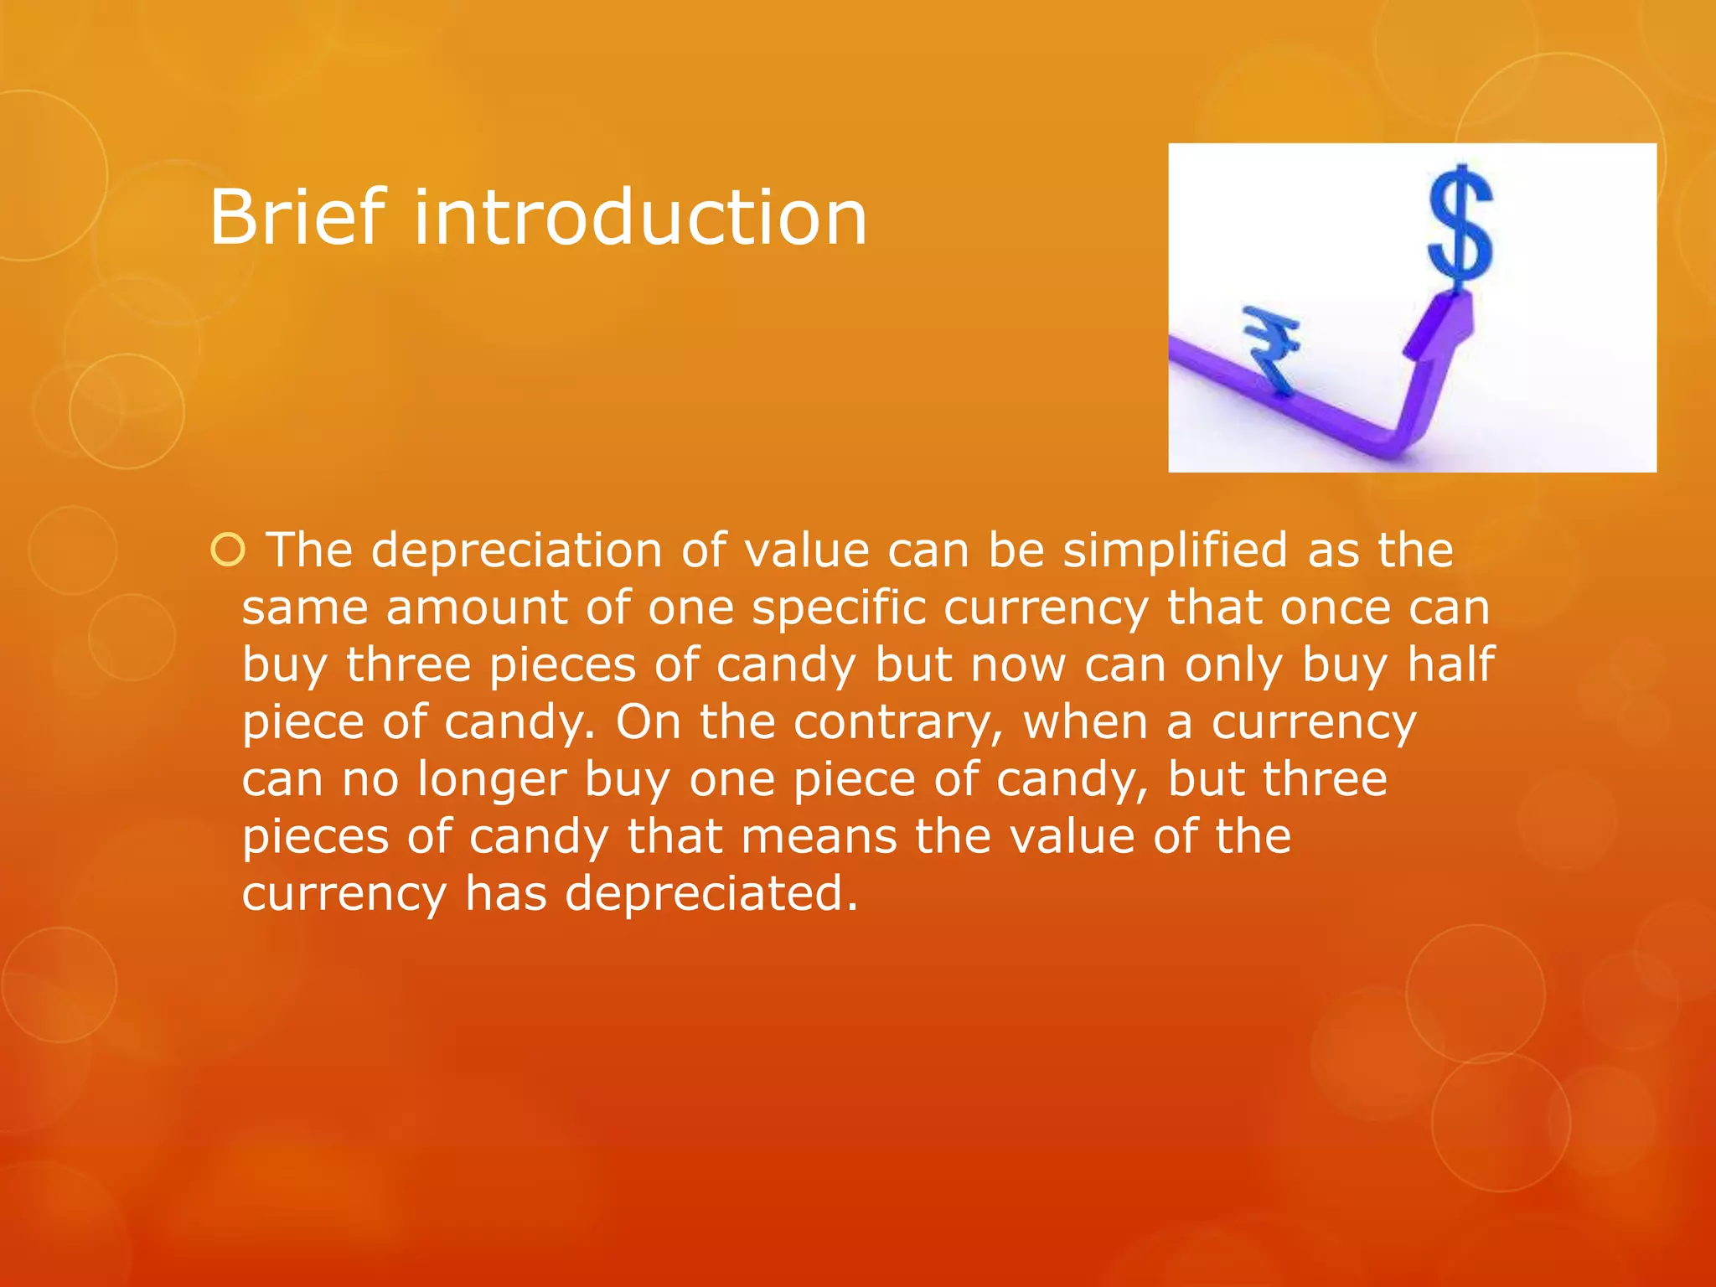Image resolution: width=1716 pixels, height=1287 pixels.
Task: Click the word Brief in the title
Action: click(x=298, y=217)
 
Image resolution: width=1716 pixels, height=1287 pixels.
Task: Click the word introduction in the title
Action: click(x=640, y=217)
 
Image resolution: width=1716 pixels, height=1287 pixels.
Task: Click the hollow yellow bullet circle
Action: click(x=228, y=550)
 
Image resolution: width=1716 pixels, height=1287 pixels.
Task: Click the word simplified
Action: click(x=1175, y=550)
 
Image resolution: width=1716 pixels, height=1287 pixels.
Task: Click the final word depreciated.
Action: click(x=711, y=893)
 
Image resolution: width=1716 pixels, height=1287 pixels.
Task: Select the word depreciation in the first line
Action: click(x=516, y=550)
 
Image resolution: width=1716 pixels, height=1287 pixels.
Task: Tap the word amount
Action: click(x=477, y=607)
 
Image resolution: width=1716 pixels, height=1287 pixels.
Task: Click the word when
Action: click(x=1085, y=722)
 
